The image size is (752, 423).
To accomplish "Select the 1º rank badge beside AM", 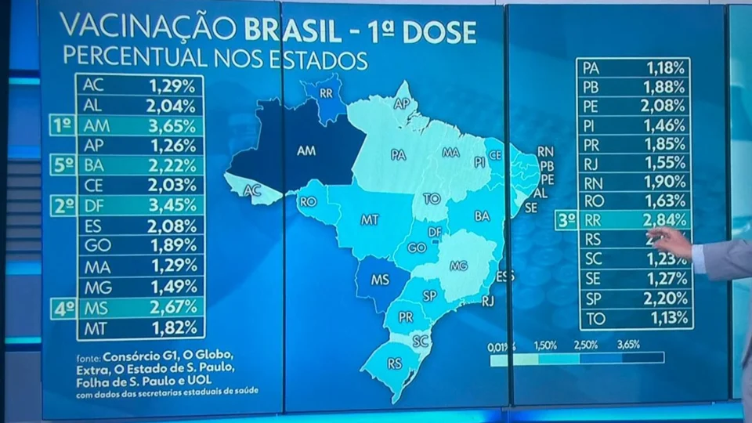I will (62, 125).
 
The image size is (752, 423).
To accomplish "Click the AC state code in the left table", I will (92, 84).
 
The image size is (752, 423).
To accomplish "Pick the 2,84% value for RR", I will (664, 220).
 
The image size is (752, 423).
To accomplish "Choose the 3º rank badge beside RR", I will (566, 220).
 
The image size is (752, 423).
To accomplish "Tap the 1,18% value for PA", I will (664, 67).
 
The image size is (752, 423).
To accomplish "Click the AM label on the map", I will (307, 150).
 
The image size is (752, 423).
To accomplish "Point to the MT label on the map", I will (370, 220).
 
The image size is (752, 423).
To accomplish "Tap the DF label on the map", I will (436, 232).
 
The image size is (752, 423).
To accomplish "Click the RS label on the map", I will (393, 363).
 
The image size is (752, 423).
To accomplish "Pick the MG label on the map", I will (458, 266).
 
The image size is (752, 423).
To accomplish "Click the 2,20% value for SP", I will (664, 298).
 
